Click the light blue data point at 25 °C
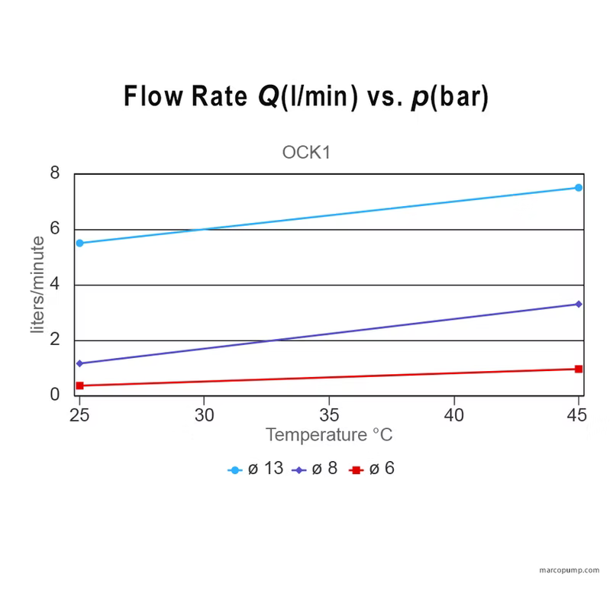79,243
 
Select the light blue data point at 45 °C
579,187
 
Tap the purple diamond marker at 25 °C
79,363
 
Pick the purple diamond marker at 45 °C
579,304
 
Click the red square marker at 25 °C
79,386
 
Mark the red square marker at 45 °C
579,369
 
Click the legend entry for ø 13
256,469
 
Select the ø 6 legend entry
372,469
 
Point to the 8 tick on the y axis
55,173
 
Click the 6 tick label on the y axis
55,229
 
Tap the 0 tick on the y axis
55,395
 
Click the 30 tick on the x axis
204,415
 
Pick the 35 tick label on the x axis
329,415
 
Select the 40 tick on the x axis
453,415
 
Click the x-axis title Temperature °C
329,435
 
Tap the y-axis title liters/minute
38,285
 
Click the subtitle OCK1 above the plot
306,152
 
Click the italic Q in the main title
269,98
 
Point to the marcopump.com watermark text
569,570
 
